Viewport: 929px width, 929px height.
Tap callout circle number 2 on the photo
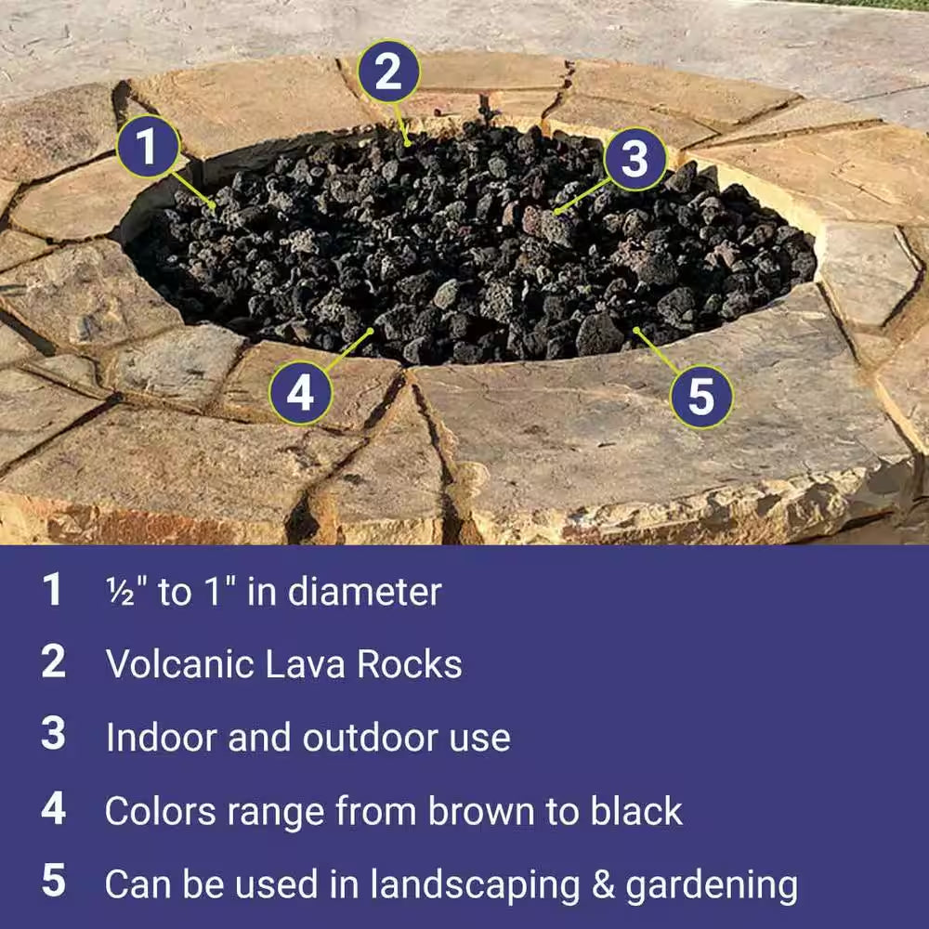point(387,72)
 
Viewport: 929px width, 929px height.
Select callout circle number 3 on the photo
point(634,159)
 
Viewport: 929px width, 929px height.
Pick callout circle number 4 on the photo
point(300,393)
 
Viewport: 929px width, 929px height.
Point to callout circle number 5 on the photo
point(701,397)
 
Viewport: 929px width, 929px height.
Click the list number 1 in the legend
point(53,591)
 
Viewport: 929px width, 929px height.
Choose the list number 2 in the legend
point(53,662)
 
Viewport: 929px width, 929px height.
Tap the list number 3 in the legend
point(53,736)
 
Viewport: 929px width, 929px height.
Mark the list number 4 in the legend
point(53,810)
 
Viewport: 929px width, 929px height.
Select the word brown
point(463,811)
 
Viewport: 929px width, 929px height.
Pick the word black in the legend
point(635,811)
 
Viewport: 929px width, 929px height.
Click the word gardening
point(711,885)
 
